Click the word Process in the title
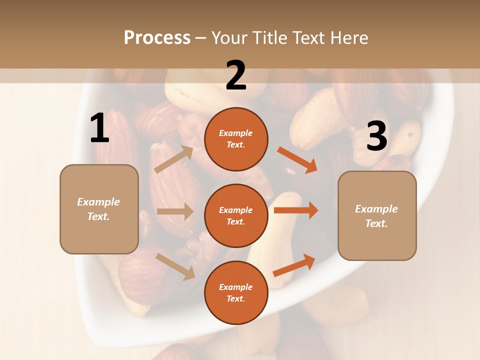click(x=157, y=38)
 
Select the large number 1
click(x=99, y=128)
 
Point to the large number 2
click(x=236, y=75)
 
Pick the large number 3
click(x=376, y=136)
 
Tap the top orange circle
click(x=236, y=139)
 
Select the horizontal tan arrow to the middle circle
click(x=174, y=211)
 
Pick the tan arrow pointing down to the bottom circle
click(x=175, y=266)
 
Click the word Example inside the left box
click(x=98, y=202)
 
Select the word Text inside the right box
click(x=376, y=223)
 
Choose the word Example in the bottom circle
click(x=235, y=287)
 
